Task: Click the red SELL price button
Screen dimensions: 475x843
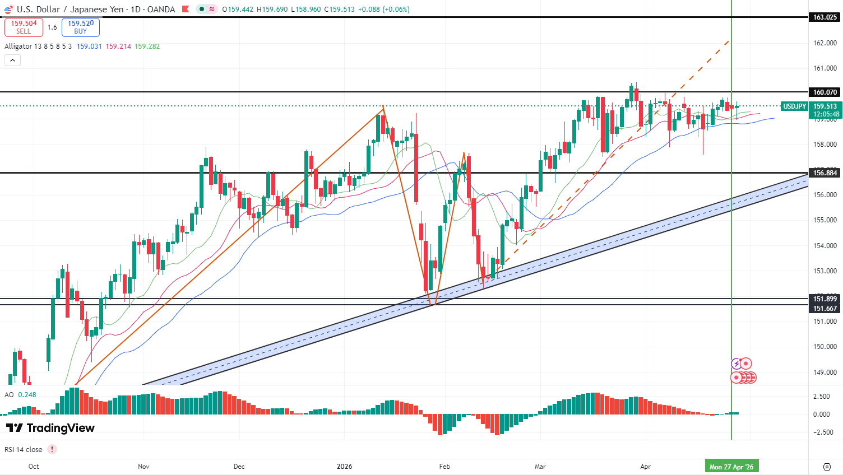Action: [x=24, y=27]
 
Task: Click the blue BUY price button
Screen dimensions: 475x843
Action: [x=81, y=27]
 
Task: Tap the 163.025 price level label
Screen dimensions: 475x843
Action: [x=825, y=17]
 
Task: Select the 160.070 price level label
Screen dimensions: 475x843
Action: [x=825, y=92]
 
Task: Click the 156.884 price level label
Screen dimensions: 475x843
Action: [x=825, y=173]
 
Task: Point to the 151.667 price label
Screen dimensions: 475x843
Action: [x=825, y=309]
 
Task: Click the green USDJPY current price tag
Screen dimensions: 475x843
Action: [x=794, y=106]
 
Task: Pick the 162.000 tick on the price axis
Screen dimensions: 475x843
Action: [x=825, y=43]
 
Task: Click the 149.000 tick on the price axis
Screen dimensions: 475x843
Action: [x=825, y=372]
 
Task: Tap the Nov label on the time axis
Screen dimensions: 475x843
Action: [x=143, y=467]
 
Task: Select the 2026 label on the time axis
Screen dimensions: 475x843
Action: [x=344, y=467]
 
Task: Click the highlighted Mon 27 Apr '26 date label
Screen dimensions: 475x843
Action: [x=731, y=467]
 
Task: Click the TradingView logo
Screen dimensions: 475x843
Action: [x=50, y=428]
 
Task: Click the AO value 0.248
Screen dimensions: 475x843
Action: [x=27, y=395]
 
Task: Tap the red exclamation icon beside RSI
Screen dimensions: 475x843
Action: [x=52, y=449]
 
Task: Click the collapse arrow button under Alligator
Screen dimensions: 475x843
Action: [x=12, y=60]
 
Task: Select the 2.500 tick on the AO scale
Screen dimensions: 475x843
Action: [x=821, y=397]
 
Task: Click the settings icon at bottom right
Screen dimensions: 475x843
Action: [x=827, y=467]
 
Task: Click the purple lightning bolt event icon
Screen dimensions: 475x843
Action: [x=737, y=364]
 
